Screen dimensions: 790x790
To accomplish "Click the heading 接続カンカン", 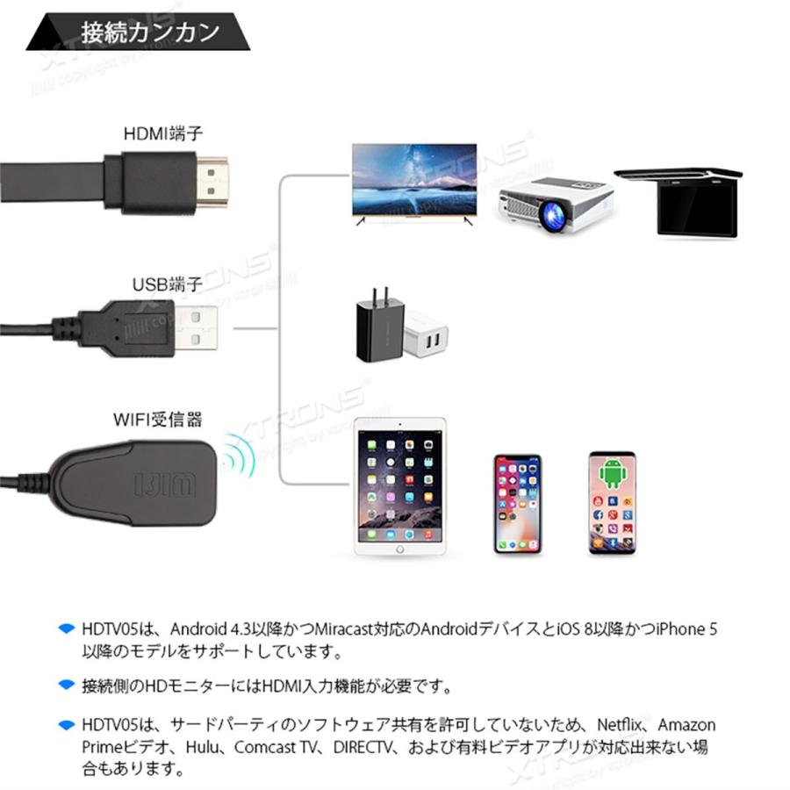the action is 150,33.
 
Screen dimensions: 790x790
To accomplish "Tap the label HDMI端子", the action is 163,134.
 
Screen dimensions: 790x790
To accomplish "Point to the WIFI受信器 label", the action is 157,420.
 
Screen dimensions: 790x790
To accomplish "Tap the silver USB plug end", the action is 196,328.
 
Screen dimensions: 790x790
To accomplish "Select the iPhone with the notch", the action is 518,504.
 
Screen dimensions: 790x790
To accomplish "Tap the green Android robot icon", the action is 611,474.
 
